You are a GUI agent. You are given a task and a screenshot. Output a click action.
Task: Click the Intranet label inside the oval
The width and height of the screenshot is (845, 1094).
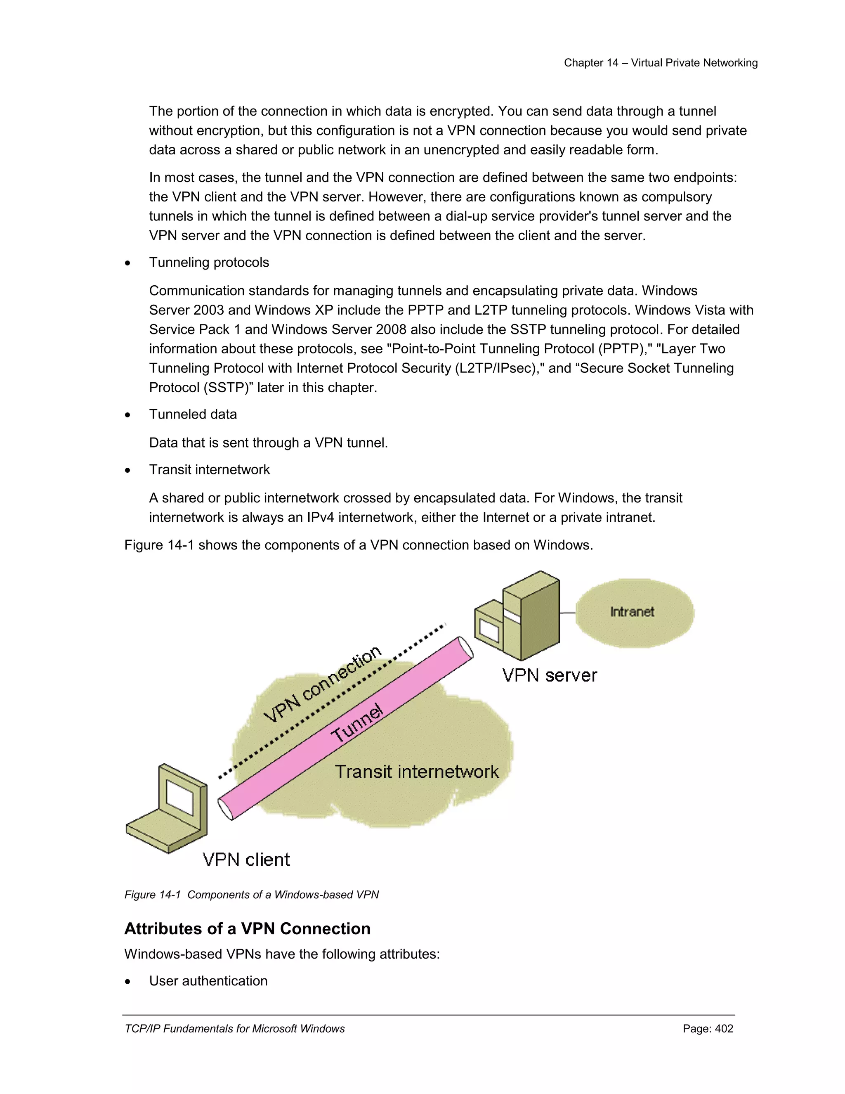click(632, 612)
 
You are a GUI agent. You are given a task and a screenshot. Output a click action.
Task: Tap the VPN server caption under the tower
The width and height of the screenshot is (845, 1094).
click(549, 675)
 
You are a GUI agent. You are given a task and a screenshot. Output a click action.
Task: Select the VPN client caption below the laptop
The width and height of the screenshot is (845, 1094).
click(246, 860)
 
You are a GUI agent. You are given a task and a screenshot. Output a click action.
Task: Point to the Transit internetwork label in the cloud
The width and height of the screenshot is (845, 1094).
click(416, 772)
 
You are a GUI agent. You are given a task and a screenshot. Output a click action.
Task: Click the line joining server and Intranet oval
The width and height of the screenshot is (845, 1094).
click(567, 613)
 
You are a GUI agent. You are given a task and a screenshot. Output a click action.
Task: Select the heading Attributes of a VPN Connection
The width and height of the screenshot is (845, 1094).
click(247, 929)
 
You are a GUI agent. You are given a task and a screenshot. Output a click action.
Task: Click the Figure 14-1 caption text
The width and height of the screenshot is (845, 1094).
click(251, 895)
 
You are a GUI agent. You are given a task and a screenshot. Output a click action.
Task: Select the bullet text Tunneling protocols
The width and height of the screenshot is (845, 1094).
click(209, 263)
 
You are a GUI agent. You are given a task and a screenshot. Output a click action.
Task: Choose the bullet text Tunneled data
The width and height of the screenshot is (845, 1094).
click(193, 414)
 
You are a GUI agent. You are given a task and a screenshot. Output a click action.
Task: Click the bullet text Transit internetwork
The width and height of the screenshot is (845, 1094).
click(209, 469)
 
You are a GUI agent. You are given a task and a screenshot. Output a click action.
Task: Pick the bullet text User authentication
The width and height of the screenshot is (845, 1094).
click(208, 981)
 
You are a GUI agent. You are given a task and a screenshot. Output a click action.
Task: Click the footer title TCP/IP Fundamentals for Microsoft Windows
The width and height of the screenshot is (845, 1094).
click(234, 1028)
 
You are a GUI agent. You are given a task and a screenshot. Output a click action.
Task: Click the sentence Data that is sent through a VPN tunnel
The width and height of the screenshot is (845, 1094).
click(268, 443)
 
